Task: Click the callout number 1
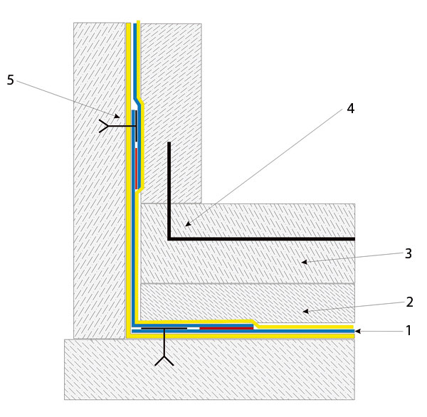(x=408, y=330)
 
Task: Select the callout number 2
(x=409, y=302)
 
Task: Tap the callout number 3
(x=408, y=253)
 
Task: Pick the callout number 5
(x=10, y=80)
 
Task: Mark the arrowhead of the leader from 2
(x=303, y=311)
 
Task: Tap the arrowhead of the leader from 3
(x=302, y=263)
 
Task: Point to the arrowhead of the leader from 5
(x=118, y=117)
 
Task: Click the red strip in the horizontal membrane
(x=226, y=328)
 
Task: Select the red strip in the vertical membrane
(x=136, y=167)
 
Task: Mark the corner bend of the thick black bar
(x=169, y=238)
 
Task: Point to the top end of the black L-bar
(x=169, y=144)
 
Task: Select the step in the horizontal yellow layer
(x=251, y=322)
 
